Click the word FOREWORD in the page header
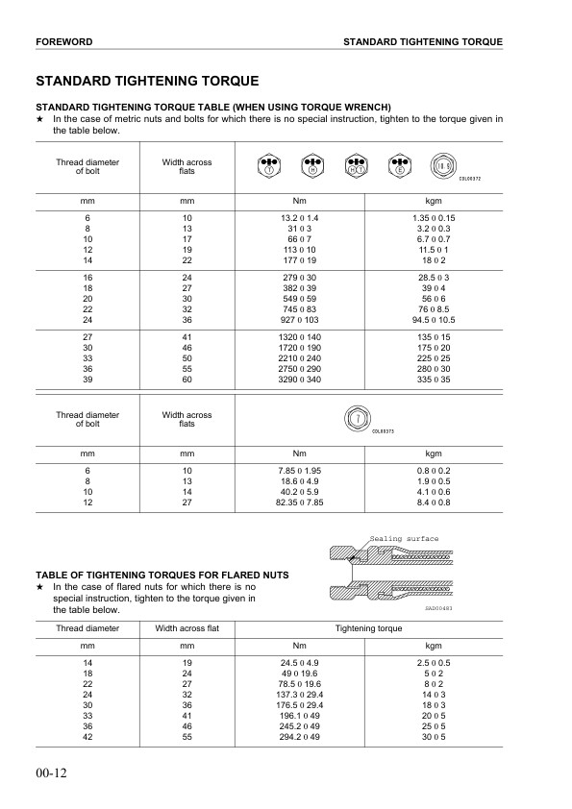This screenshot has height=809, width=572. [63, 42]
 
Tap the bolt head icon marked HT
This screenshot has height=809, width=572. [356, 164]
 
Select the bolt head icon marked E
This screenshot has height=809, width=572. [399, 164]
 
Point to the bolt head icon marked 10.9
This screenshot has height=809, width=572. [443, 164]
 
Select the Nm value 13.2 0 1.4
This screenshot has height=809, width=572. [299, 219]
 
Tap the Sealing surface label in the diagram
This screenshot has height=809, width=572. [404, 539]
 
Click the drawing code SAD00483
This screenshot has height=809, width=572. [437, 606]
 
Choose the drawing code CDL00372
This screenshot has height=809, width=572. [470, 179]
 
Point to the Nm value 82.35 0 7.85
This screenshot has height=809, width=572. [299, 502]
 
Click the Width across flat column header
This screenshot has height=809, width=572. [187, 628]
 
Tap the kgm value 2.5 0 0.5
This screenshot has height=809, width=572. [432, 663]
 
